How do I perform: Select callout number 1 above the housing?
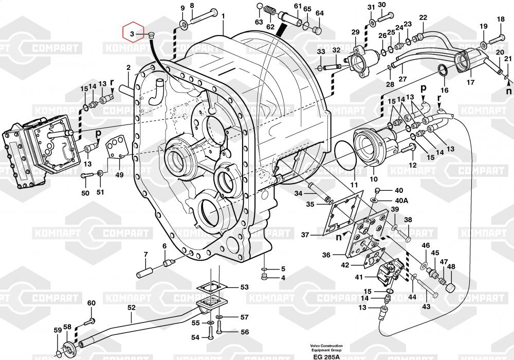[224, 16]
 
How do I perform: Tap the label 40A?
[401, 200]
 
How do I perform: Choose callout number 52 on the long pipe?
[132, 308]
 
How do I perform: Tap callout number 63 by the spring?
[259, 22]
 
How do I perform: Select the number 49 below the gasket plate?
[119, 175]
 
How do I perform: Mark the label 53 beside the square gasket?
[244, 287]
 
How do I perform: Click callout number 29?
[355, 33]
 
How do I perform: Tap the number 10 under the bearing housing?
[374, 179]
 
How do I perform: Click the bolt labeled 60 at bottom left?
[87, 322]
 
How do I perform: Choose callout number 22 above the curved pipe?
[423, 17]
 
